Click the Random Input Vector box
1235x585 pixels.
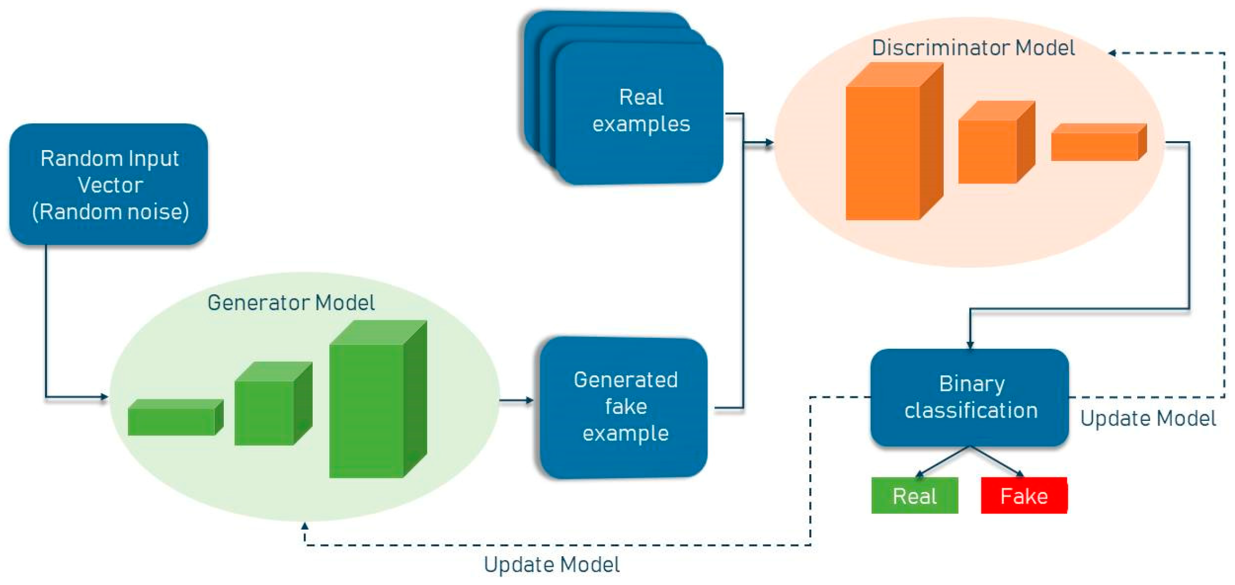[109, 184]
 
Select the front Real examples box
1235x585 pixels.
[640, 112]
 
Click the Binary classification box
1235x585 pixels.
[970, 397]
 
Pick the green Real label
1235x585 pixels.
[914, 496]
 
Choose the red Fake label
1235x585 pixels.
[1024, 496]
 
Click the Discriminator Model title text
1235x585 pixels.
[973, 48]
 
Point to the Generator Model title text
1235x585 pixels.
[291, 303]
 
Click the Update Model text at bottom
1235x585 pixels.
[552, 565]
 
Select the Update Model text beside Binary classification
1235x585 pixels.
[1148, 418]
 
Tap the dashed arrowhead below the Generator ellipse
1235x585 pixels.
[305, 526]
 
